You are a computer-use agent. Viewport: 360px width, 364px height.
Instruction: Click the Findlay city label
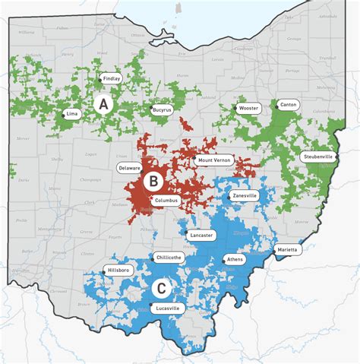[111, 78]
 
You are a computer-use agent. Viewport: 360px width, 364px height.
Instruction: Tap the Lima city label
[73, 113]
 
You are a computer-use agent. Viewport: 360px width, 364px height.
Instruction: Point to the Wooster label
[249, 108]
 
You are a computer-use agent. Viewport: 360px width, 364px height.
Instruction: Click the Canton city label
[289, 104]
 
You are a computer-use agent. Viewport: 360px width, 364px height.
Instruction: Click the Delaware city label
[128, 167]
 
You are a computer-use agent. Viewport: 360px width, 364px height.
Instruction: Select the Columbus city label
[166, 201]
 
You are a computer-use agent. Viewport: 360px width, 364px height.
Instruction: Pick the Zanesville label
[245, 195]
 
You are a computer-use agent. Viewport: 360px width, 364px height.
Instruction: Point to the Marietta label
[288, 249]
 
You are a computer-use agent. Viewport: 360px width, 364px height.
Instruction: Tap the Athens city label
[235, 260]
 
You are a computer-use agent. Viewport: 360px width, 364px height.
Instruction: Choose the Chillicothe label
[167, 258]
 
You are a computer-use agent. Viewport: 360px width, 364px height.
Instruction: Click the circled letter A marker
[103, 103]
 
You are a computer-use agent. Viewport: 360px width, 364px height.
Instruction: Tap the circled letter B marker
[153, 181]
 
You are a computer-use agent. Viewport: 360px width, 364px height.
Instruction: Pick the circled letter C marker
[161, 288]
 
